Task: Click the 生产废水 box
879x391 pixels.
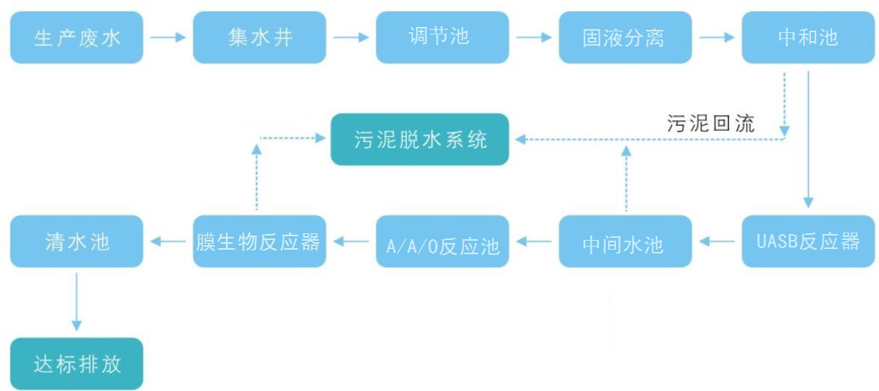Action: [x=76, y=37]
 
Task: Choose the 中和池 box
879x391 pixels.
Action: [x=808, y=37]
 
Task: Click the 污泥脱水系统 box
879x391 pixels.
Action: [x=420, y=139]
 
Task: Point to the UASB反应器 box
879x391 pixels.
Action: [x=808, y=241]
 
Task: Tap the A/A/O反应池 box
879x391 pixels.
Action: [x=442, y=241]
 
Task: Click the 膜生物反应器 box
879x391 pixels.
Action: [x=259, y=241]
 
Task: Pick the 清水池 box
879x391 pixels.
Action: [x=76, y=241]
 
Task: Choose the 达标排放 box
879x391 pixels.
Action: [x=76, y=364]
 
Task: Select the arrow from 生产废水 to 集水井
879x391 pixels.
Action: [x=168, y=36]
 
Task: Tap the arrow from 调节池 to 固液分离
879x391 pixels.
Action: [x=534, y=36]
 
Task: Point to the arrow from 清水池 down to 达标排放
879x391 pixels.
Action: [x=76, y=299]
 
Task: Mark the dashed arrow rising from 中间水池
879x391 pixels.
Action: [x=627, y=179]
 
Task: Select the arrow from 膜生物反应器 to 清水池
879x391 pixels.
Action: [x=168, y=241]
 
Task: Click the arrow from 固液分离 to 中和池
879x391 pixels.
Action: [x=717, y=36]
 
